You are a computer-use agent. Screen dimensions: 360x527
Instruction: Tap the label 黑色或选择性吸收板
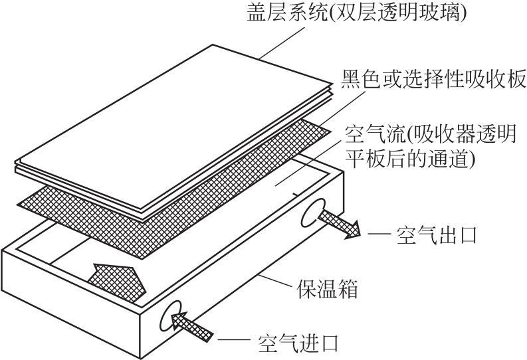[x=433, y=80]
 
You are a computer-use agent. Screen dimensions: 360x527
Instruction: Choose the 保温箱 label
[x=328, y=290]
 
